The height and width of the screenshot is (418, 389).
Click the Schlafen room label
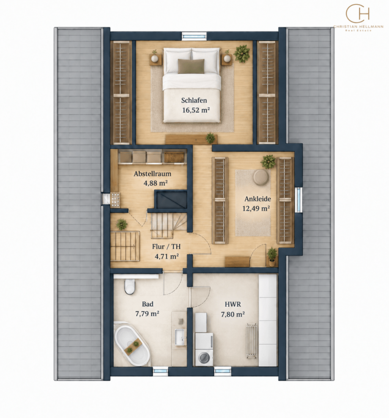click(x=194, y=101)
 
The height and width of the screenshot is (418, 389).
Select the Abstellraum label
click(x=152, y=174)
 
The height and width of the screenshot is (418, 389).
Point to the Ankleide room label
click(x=258, y=199)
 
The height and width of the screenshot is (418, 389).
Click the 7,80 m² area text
click(x=233, y=314)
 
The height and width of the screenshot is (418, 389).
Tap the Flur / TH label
click(x=166, y=247)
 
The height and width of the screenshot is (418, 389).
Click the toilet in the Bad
click(x=130, y=286)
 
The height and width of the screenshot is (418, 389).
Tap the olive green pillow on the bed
click(x=191, y=66)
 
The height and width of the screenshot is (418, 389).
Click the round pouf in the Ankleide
click(x=261, y=177)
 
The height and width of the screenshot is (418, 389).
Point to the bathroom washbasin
click(x=181, y=337)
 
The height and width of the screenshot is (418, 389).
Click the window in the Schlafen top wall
click(x=194, y=36)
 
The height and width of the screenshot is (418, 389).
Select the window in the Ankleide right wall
click(x=299, y=200)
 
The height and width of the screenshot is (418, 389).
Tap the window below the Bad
click(x=160, y=371)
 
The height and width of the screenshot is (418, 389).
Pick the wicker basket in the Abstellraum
click(x=174, y=157)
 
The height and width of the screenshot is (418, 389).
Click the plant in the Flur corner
click(x=121, y=224)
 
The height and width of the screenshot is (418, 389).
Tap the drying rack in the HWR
click(x=252, y=341)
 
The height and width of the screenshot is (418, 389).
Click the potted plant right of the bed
click(x=242, y=54)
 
